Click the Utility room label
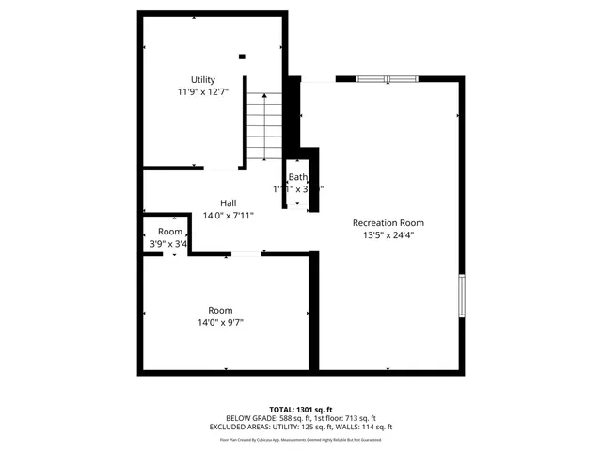[x=203, y=79]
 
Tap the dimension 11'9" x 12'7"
[x=203, y=92]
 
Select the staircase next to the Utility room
[x=265, y=127]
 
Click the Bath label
[x=297, y=177]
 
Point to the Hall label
[x=228, y=202]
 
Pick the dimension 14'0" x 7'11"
[x=228, y=216]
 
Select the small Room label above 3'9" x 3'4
[x=170, y=232]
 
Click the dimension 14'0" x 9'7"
[x=220, y=323]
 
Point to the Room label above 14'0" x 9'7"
[x=220, y=310]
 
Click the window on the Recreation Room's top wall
[x=387, y=79]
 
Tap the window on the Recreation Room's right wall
[x=461, y=297]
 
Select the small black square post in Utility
[x=242, y=56]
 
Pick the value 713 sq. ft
[x=359, y=417]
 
